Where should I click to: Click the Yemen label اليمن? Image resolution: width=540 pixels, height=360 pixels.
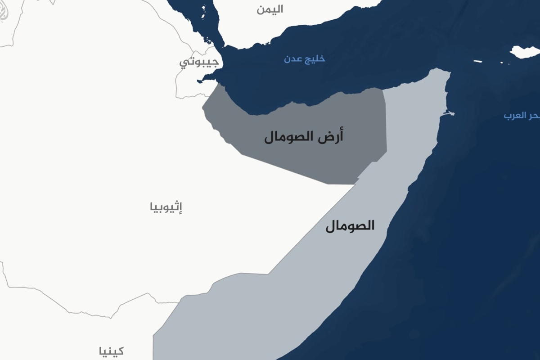[x=270, y=9]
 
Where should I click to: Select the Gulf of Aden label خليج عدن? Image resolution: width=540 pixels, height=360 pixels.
[x=304, y=58]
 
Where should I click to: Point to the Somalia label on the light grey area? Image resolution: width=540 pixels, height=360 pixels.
[x=350, y=225]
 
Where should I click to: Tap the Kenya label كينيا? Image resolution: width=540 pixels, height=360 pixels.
[x=111, y=351]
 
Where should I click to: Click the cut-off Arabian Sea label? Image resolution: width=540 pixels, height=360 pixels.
[x=522, y=116]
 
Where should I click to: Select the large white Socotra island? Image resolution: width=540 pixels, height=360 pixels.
[x=525, y=52]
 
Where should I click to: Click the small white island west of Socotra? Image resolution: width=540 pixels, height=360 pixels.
[x=478, y=62]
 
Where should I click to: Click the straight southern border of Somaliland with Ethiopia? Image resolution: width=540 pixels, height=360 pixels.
[x=288, y=170]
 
